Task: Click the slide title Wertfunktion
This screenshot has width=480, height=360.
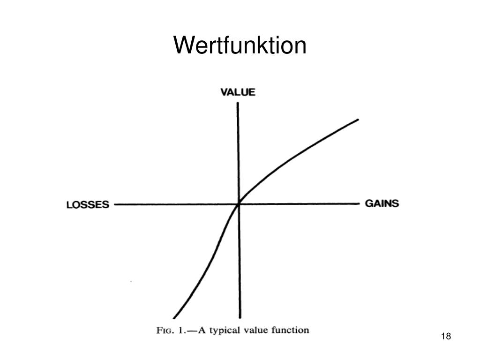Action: (x=240, y=46)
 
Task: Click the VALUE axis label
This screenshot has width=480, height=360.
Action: (x=238, y=92)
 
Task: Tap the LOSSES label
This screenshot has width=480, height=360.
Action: (x=88, y=205)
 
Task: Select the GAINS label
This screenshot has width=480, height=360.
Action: (x=382, y=203)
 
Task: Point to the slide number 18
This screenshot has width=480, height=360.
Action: (x=446, y=337)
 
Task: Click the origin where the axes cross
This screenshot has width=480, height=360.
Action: (x=239, y=204)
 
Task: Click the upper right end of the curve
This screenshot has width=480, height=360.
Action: (x=358, y=120)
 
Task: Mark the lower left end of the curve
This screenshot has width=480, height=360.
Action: (x=174, y=318)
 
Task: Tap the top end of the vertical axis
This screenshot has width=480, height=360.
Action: (x=238, y=104)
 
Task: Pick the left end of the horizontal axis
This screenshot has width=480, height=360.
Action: (x=115, y=204)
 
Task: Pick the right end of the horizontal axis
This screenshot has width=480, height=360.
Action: (x=359, y=203)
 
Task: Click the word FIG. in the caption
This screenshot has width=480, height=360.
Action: (x=165, y=330)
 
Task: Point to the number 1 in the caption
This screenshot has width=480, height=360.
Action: (x=180, y=330)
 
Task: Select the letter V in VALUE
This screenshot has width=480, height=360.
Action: (x=224, y=92)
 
